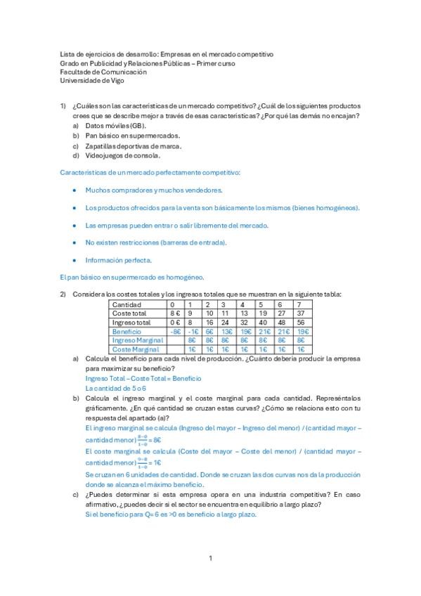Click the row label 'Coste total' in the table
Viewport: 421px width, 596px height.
pos(129,313)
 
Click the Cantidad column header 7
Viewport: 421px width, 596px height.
pos(299,304)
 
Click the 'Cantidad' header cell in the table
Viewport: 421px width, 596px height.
pos(127,304)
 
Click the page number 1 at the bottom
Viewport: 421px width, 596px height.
pos(210,558)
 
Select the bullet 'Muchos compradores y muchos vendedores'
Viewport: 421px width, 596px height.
pos(154,190)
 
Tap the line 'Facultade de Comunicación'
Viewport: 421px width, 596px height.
pos(103,72)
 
